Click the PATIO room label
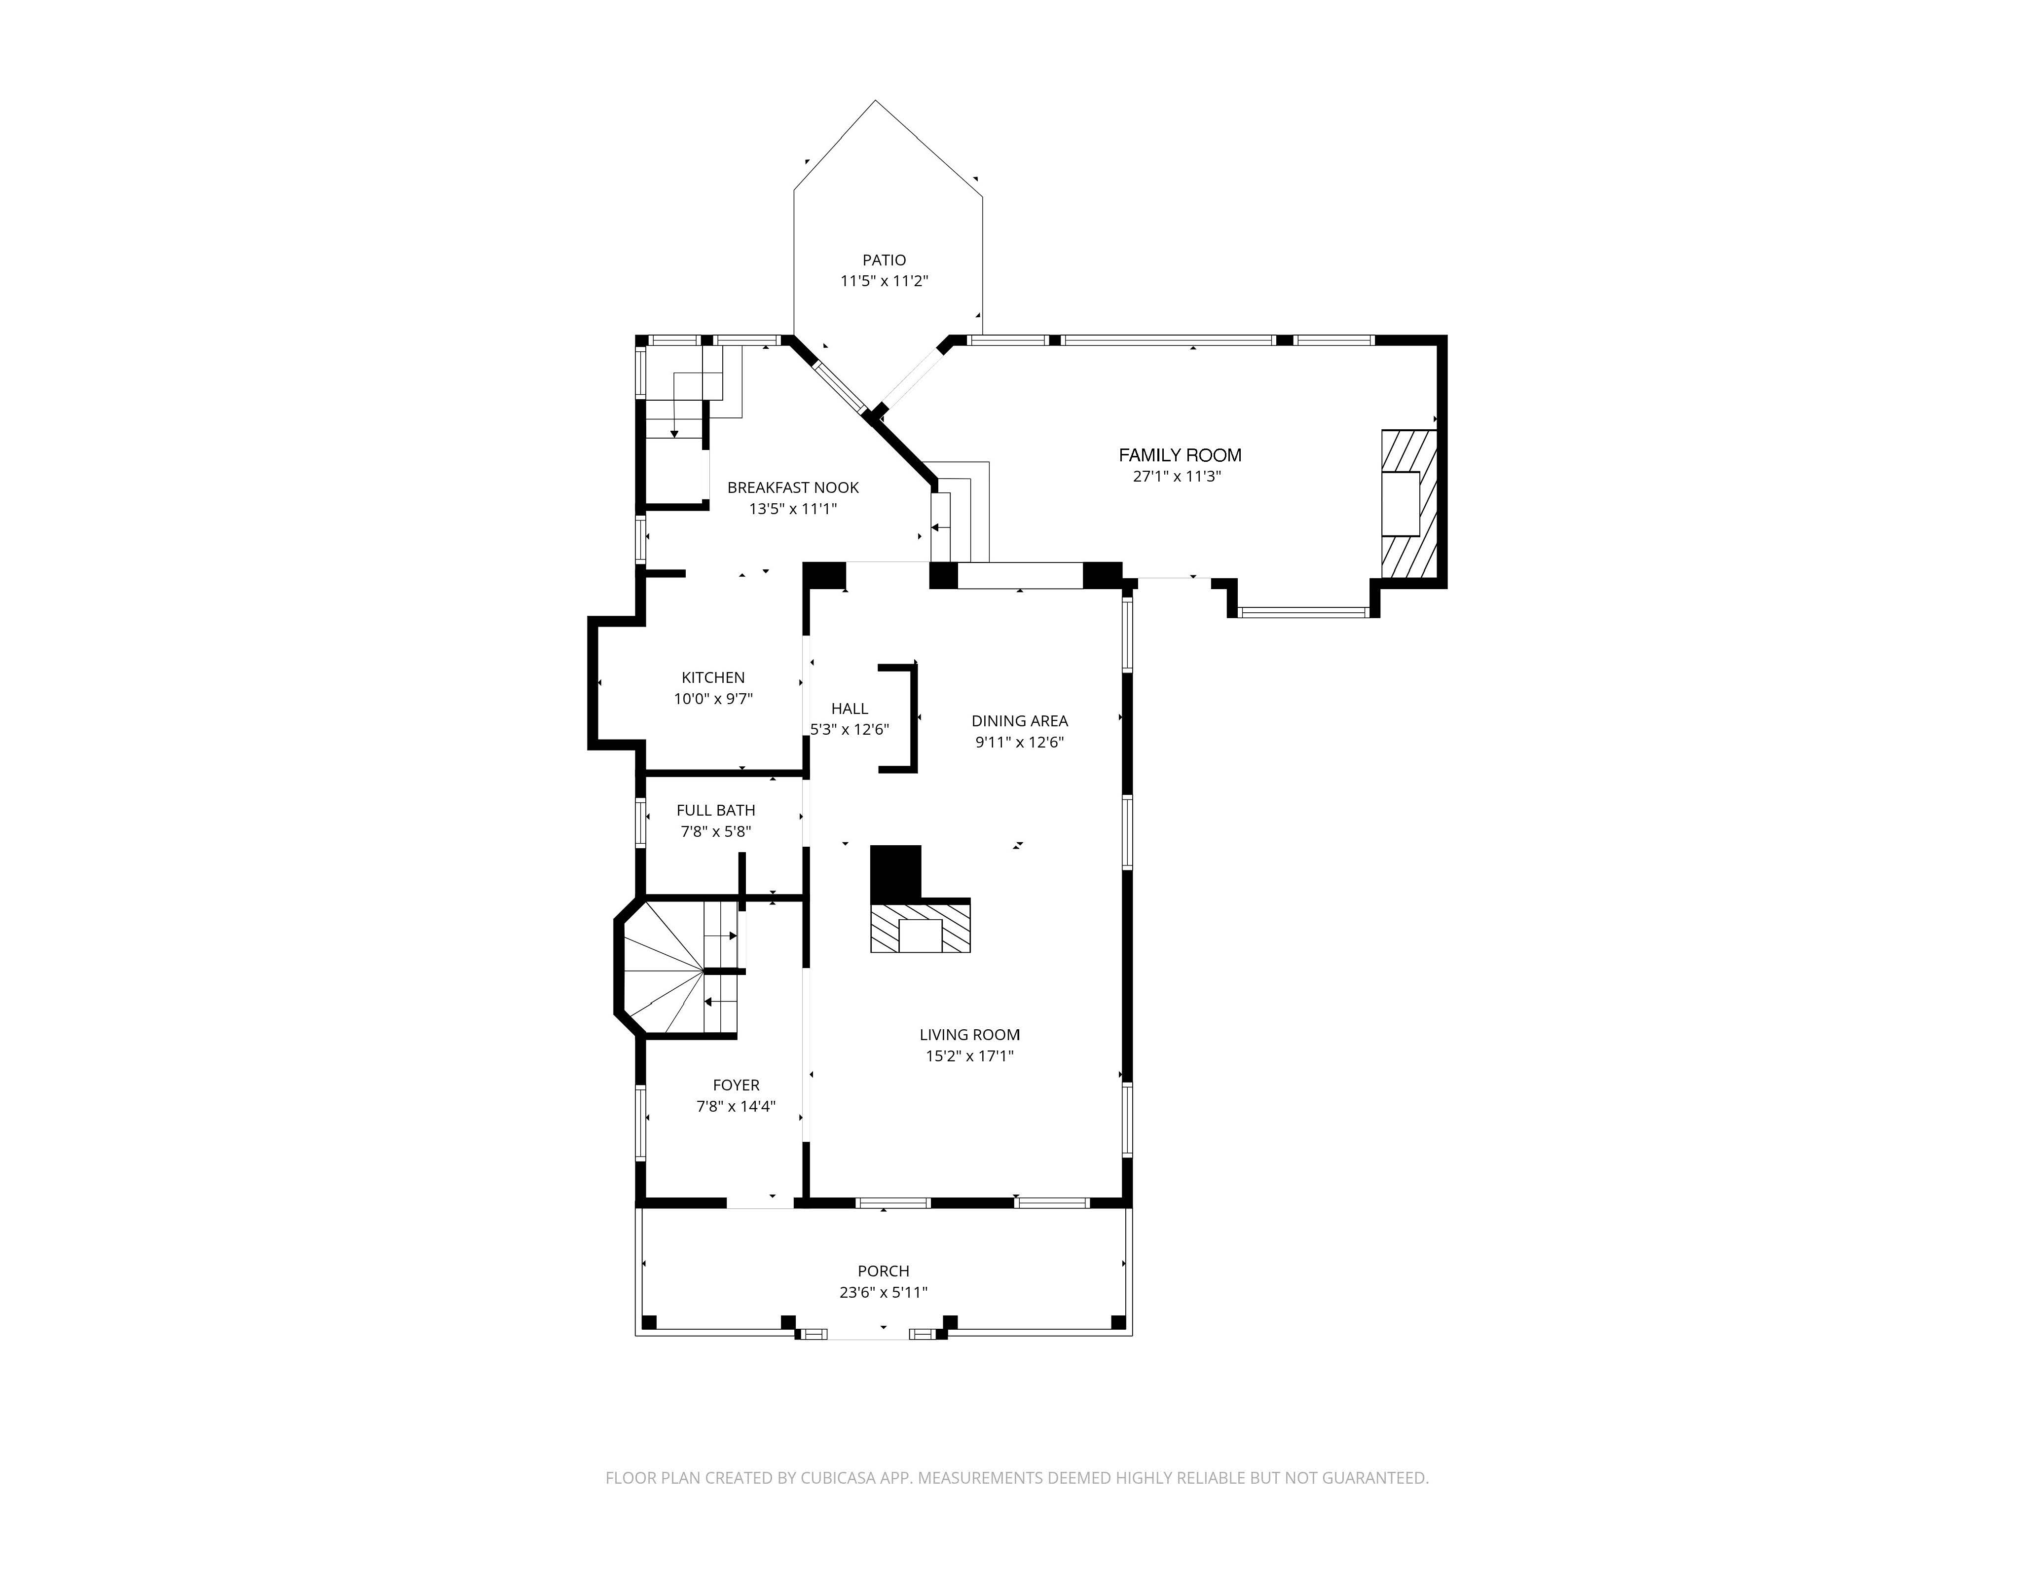884,260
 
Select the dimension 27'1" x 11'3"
1176,476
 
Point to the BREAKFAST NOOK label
793,487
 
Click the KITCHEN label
713,677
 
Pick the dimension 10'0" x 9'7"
713,699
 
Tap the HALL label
849,708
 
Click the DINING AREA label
1019,720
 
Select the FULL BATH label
716,810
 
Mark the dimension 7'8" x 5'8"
716,831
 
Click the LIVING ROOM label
969,1034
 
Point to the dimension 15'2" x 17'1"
969,1056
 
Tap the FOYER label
736,1085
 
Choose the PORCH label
884,1271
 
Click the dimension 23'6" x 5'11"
884,1293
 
